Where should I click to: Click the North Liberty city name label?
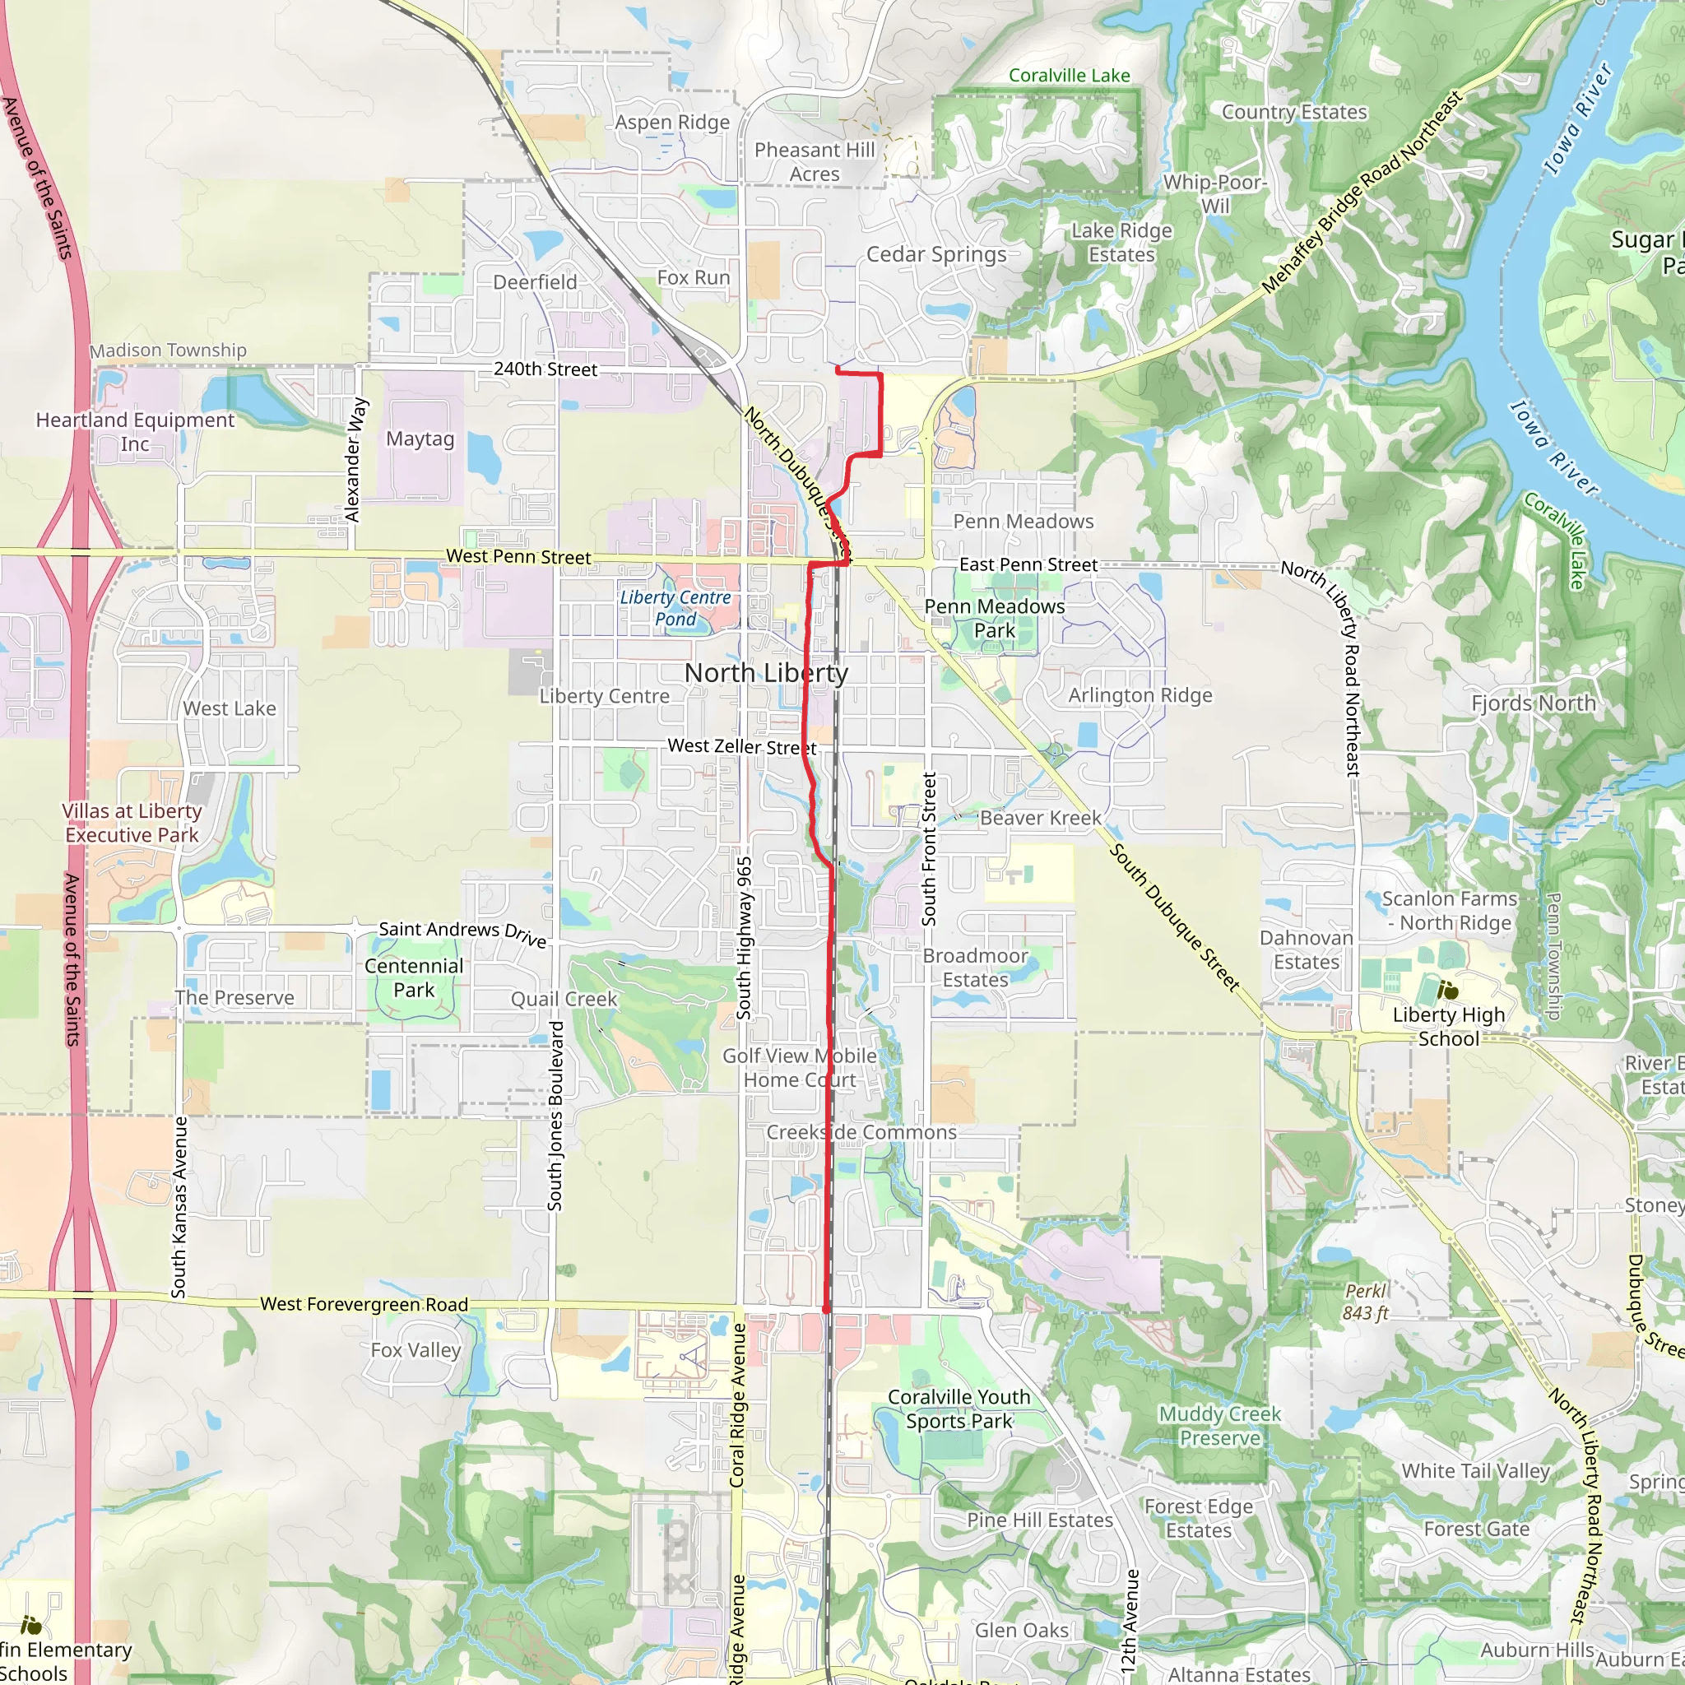[766, 672]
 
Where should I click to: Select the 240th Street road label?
[545, 369]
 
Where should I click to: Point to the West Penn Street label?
[518, 556]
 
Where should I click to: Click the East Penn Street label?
[1028, 564]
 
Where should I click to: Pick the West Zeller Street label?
[741, 746]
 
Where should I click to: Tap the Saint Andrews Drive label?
[462, 933]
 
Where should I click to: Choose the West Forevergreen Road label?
[364, 1304]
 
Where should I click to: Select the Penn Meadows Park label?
[994, 618]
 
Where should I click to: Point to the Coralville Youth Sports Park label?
[959, 1409]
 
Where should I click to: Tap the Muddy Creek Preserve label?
[1219, 1426]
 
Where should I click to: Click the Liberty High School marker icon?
[1448, 991]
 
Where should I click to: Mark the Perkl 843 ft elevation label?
[1365, 1302]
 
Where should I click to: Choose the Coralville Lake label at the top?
[1069, 76]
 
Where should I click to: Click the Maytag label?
[420, 439]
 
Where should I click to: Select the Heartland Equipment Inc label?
[135, 432]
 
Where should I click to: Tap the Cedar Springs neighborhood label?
[935, 255]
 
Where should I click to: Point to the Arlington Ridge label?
[1140, 695]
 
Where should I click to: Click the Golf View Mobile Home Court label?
[799, 1067]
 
